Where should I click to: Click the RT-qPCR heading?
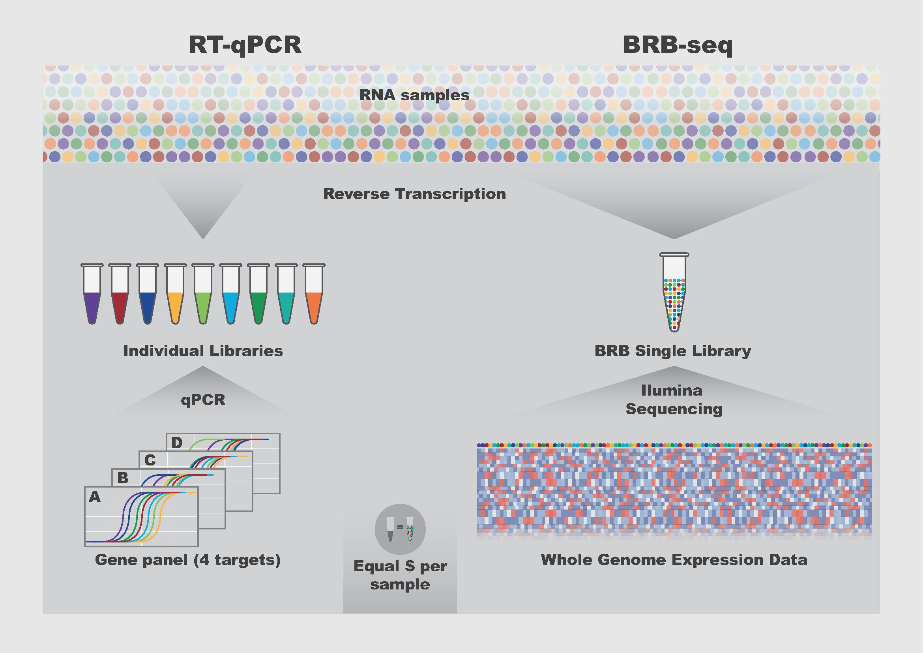(245, 45)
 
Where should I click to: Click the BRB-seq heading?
(678, 45)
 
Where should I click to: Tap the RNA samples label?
(414, 95)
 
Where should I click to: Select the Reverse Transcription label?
(414, 194)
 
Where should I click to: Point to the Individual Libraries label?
(202, 351)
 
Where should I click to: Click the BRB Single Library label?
(672, 351)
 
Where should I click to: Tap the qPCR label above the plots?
(203, 400)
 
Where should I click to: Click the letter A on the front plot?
(95, 497)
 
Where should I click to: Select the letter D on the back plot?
(177, 443)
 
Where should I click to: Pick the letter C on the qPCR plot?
(150, 460)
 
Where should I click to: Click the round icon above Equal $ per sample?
(400, 529)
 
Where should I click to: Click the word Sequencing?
(674, 409)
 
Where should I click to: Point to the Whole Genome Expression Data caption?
(674, 560)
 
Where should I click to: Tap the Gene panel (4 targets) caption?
(188, 560)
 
